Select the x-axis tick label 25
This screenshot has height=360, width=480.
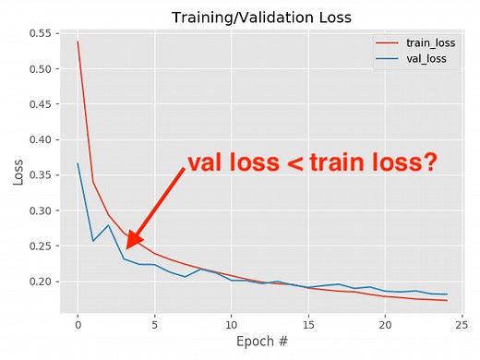[x=462, y=325]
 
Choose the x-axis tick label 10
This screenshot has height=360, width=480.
[x=232, y=325]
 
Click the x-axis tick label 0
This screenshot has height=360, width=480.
[x=78, y=325]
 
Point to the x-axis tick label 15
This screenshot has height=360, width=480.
[x=308, y=325]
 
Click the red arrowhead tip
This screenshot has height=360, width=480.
[x=127, y=247]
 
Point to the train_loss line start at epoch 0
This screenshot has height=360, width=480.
[x=78, y=41]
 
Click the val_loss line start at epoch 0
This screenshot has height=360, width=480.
[x=78, y=163]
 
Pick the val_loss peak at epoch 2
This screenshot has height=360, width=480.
[x=108, y=224]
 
